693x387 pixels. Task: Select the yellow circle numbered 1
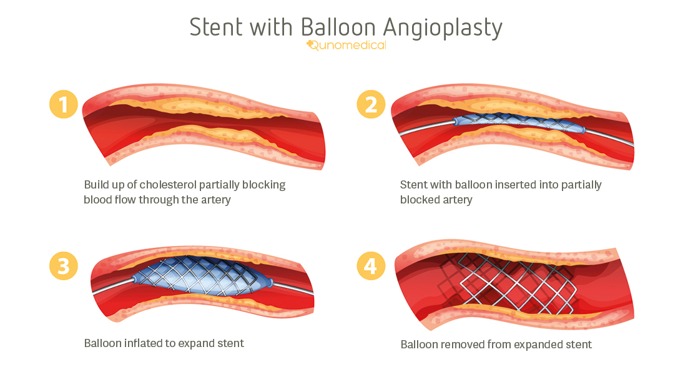point(63,104)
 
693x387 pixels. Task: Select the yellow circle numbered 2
point(371,104)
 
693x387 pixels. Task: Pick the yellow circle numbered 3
point(63,266)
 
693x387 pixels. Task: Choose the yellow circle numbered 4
point(371,266)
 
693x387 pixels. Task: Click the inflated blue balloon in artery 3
point(200,278)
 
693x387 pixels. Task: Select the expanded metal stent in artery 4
point(506,281)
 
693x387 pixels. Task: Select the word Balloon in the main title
point(338,27)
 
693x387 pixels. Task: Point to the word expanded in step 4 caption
point(529,345)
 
